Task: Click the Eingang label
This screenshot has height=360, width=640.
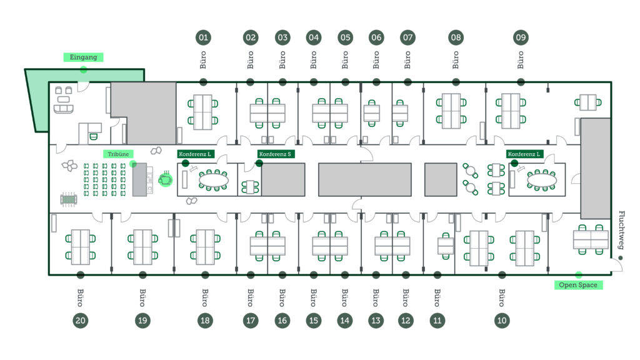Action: (x=83, y=57)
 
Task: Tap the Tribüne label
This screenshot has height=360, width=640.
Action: (x=118, y=154)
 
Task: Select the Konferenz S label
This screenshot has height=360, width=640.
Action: (x=275, y=154)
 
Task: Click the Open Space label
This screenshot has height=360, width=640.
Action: (x=578, y=285)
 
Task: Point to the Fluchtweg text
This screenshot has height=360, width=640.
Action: (x=621, y=230)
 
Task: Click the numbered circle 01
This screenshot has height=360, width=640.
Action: (x=203, y=37)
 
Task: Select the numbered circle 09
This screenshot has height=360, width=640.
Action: (x=521, y=37)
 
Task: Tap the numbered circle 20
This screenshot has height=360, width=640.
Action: (x=81, y=321)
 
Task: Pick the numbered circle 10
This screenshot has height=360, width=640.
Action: (x=502, y=321)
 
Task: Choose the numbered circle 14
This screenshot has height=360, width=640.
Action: (x=345, y=321)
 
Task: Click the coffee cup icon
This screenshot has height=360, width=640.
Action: (x=165, y=179)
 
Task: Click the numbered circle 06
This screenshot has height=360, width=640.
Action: (x=376, y=37)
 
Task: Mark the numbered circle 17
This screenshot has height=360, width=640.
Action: (x=251, y=321)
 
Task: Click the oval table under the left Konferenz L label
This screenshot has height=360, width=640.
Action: (x=213, y=179)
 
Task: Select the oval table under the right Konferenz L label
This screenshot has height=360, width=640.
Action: (x=542, y=179)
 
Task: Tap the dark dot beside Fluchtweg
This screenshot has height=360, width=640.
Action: (x=621, y=258)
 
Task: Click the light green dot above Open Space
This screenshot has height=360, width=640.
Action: (x=578, y=275)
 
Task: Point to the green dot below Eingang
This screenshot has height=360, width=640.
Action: (x=83, y=70)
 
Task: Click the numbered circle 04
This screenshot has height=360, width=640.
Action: (x=314, y=37)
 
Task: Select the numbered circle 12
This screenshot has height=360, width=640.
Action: (x=406, y=321)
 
